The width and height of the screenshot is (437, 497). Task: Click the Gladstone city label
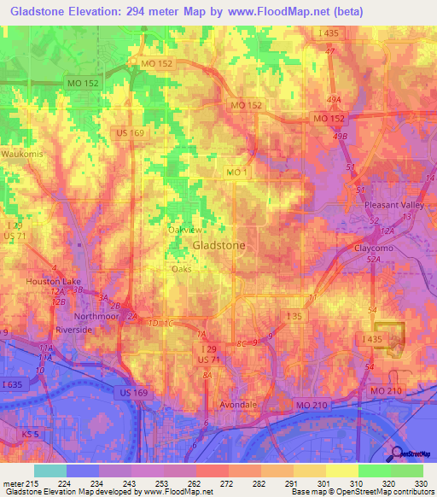[x=219, y=245]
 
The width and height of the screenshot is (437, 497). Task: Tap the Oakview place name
[x=184, y=230]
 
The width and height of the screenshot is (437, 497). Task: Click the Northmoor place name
[x=96, y=315]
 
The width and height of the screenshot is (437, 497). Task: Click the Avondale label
[x=230, y=405]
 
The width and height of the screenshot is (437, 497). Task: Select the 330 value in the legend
[x=418, y=483]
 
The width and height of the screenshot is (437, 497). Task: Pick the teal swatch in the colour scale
[x=50, y=471]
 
